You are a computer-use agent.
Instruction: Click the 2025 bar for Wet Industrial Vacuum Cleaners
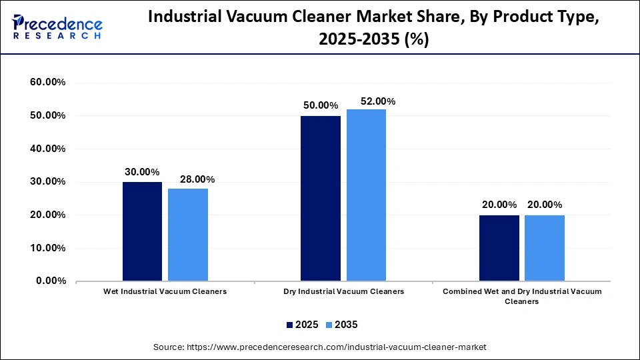point(142,231)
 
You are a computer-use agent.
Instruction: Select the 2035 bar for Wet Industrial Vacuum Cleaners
point(187,235)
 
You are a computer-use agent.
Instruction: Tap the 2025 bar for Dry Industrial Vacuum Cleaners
point(320,198)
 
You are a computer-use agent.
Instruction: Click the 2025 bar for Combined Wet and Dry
point(499,247)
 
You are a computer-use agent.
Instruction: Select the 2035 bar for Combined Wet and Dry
point(544,247)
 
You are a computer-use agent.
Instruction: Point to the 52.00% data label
point(377,101)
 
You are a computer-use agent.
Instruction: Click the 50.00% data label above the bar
point(320,105)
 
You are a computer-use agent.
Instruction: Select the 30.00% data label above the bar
point(142,171)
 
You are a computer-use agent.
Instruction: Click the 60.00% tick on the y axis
point(47,83)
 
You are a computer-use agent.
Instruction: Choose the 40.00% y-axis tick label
point(47,149)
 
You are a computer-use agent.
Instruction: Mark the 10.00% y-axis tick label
point(47,248)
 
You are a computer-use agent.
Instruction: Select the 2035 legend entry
point(341,325)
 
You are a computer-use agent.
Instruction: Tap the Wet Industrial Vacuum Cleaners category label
point(165,292)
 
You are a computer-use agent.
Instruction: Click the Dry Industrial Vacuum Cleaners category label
point(343,292)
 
